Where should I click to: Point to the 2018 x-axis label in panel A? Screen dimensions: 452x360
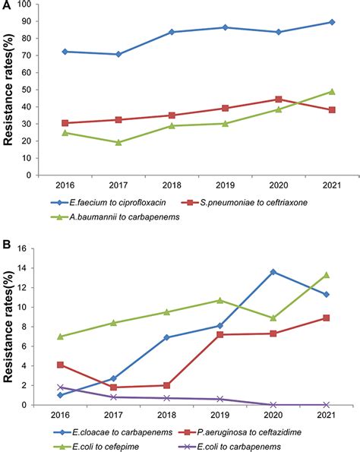click(x=172, y=185)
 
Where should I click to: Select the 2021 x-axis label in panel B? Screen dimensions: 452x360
click(x=326, y=416)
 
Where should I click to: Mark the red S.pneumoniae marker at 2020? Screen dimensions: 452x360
click(x=279, y=99)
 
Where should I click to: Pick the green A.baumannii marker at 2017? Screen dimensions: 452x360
click(x=118, y=142)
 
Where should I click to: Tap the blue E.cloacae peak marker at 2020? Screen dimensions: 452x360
click(x=273, y=272)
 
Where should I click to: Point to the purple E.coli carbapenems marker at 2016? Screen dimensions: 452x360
click(x=61, y=387)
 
